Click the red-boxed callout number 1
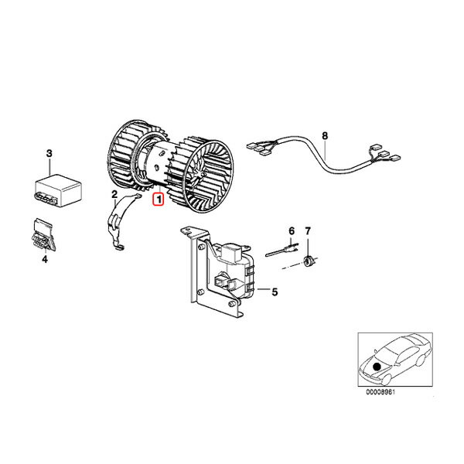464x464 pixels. (159, 200)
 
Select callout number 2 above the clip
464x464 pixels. (114, 194)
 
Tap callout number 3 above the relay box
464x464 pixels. (49, 153)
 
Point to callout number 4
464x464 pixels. (45, 259)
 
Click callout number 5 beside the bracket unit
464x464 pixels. (275, 292)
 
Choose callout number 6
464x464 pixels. (292, 230)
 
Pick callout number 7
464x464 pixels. (308, 230)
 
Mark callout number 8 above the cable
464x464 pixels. (325, 136)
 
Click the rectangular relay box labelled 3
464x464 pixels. (58, 190)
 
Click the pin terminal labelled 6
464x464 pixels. (282, 251)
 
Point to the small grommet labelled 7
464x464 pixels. (309, 261)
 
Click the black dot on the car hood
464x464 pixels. (377, 367)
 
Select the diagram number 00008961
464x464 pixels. (380, 392)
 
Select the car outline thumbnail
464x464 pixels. (395, 360)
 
